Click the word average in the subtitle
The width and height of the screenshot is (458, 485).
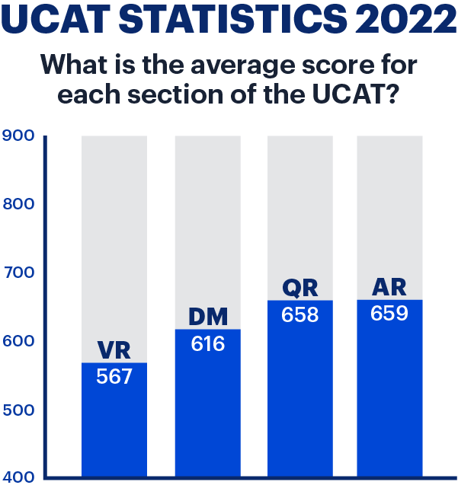point(232,65)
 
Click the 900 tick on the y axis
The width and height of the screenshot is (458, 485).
point(19,136)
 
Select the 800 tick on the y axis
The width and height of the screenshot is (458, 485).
point(19,204)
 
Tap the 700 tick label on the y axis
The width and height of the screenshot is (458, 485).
point(19,273)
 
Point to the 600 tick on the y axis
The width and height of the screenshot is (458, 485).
point(19,341)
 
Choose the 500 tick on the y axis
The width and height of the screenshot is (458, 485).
point(19,410)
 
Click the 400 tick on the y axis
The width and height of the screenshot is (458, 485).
point(19,477)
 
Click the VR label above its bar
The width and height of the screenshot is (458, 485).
point(114,351)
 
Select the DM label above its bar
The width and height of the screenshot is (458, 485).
point(207,317)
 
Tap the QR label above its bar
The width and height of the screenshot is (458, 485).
point(299,288)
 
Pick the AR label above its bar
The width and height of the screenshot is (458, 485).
point(389,288)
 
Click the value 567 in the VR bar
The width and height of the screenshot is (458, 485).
point(114,376)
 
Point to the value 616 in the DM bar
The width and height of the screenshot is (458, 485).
point(207,343)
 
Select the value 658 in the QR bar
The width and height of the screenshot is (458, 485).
point(299,314)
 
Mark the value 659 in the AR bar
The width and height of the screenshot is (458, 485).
point(389,313)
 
